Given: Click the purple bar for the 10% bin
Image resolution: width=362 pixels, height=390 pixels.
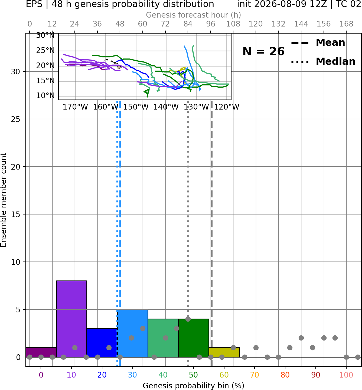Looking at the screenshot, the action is (x=71, y=319).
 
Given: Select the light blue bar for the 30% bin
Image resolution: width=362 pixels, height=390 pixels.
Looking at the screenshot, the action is (x=132, y=333).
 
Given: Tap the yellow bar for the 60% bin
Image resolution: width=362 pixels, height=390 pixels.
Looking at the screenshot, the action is (x=224, y=352).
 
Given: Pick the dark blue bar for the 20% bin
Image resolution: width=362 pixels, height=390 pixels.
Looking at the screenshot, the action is (x=102, y=343).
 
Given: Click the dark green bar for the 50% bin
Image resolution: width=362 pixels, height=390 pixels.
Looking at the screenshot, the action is (x=194, y=338).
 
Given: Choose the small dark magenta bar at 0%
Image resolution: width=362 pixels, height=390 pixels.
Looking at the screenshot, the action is (x=41, y=352).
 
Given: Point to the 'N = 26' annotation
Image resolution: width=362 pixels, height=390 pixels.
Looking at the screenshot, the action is (x=263, y=51).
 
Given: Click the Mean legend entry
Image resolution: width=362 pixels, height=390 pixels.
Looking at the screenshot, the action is (x=318, y=43).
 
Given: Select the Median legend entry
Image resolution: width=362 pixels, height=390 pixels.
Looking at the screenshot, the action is (x=323, y=61).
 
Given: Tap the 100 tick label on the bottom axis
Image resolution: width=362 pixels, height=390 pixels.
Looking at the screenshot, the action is (x=346, y=375).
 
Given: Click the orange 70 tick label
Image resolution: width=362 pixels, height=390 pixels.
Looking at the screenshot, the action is (x=255, y=375).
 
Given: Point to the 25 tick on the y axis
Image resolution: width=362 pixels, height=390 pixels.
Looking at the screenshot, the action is (x=16, y=119).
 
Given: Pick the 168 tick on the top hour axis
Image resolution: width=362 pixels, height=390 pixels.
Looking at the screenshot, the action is (x=347, y=24).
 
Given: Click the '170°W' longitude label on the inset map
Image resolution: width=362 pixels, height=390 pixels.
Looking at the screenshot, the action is (x=75, y=107).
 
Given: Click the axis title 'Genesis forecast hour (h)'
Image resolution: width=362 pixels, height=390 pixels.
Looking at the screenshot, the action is (x=194, y=15).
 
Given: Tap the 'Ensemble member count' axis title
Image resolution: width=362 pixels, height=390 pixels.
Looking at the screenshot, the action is (x=4, y=200).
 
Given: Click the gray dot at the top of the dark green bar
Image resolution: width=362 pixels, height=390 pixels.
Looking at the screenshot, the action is (x=188, y=319).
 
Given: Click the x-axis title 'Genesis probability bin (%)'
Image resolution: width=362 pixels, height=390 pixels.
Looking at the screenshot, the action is (x=194, y=386).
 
